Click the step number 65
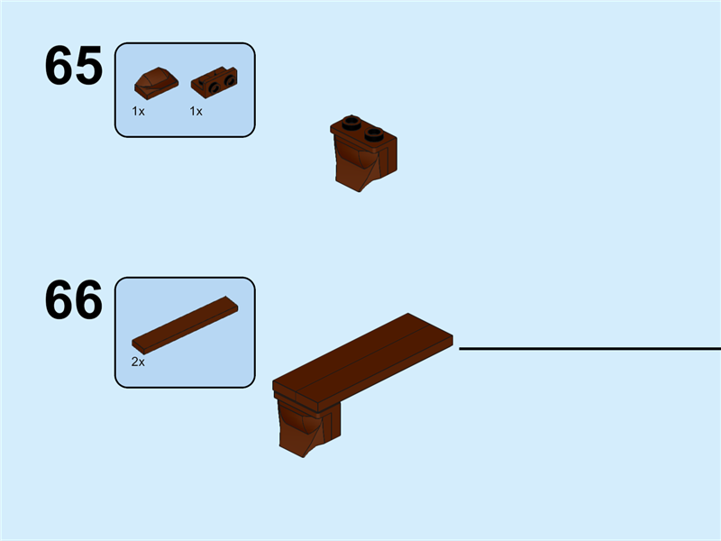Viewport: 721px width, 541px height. click(73, 67)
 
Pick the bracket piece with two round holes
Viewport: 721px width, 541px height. click(214, 82)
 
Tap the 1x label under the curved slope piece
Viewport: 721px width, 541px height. click(138, 111)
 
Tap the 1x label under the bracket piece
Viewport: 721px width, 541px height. click(196, 111)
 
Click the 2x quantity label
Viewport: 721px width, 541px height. click(138, 361)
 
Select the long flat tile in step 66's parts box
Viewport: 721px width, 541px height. click(187, 322)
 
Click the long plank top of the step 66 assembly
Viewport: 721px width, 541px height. click(360, 356)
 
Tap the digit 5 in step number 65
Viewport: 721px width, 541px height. click(88, 67)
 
